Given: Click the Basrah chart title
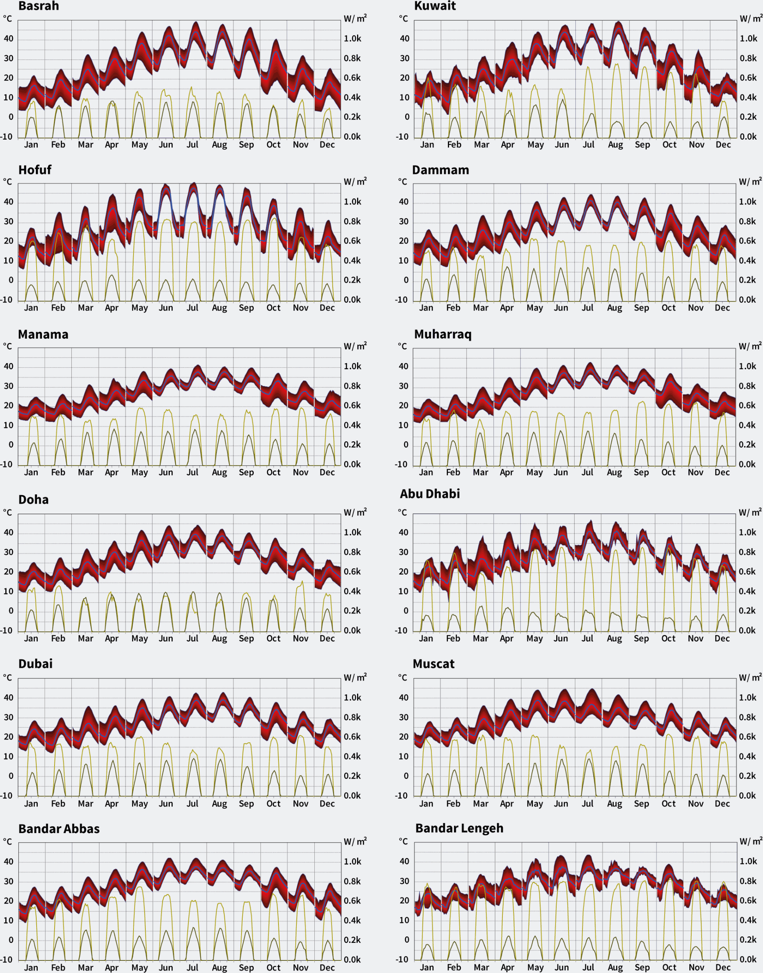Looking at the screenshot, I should tap(39, 6).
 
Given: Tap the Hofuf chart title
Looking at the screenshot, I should tap(35, 170).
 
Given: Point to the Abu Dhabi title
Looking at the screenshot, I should tap(430, 494).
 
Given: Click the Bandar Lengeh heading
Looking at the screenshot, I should tap(459, 828).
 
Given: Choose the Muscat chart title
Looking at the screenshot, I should tap(433, 664).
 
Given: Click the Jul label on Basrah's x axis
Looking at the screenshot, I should tap(193, 145).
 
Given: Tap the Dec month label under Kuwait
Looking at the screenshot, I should tap(723, 145).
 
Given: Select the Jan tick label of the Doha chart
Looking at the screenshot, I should tap(31, 638).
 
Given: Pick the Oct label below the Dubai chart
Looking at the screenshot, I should tap(274, 804).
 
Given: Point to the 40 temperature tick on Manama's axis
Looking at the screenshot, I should tap(8, 367).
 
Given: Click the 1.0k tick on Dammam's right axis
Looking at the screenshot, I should tap(747, 202).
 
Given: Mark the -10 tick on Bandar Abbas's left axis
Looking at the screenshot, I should tap(6, 960).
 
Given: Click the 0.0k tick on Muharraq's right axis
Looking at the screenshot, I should tap(747, 465).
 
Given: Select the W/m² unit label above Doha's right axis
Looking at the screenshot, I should tap(355, 513).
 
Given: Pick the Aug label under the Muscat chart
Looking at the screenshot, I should tap(614, 804).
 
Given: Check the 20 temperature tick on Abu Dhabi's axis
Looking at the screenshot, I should tap(403, 572).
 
